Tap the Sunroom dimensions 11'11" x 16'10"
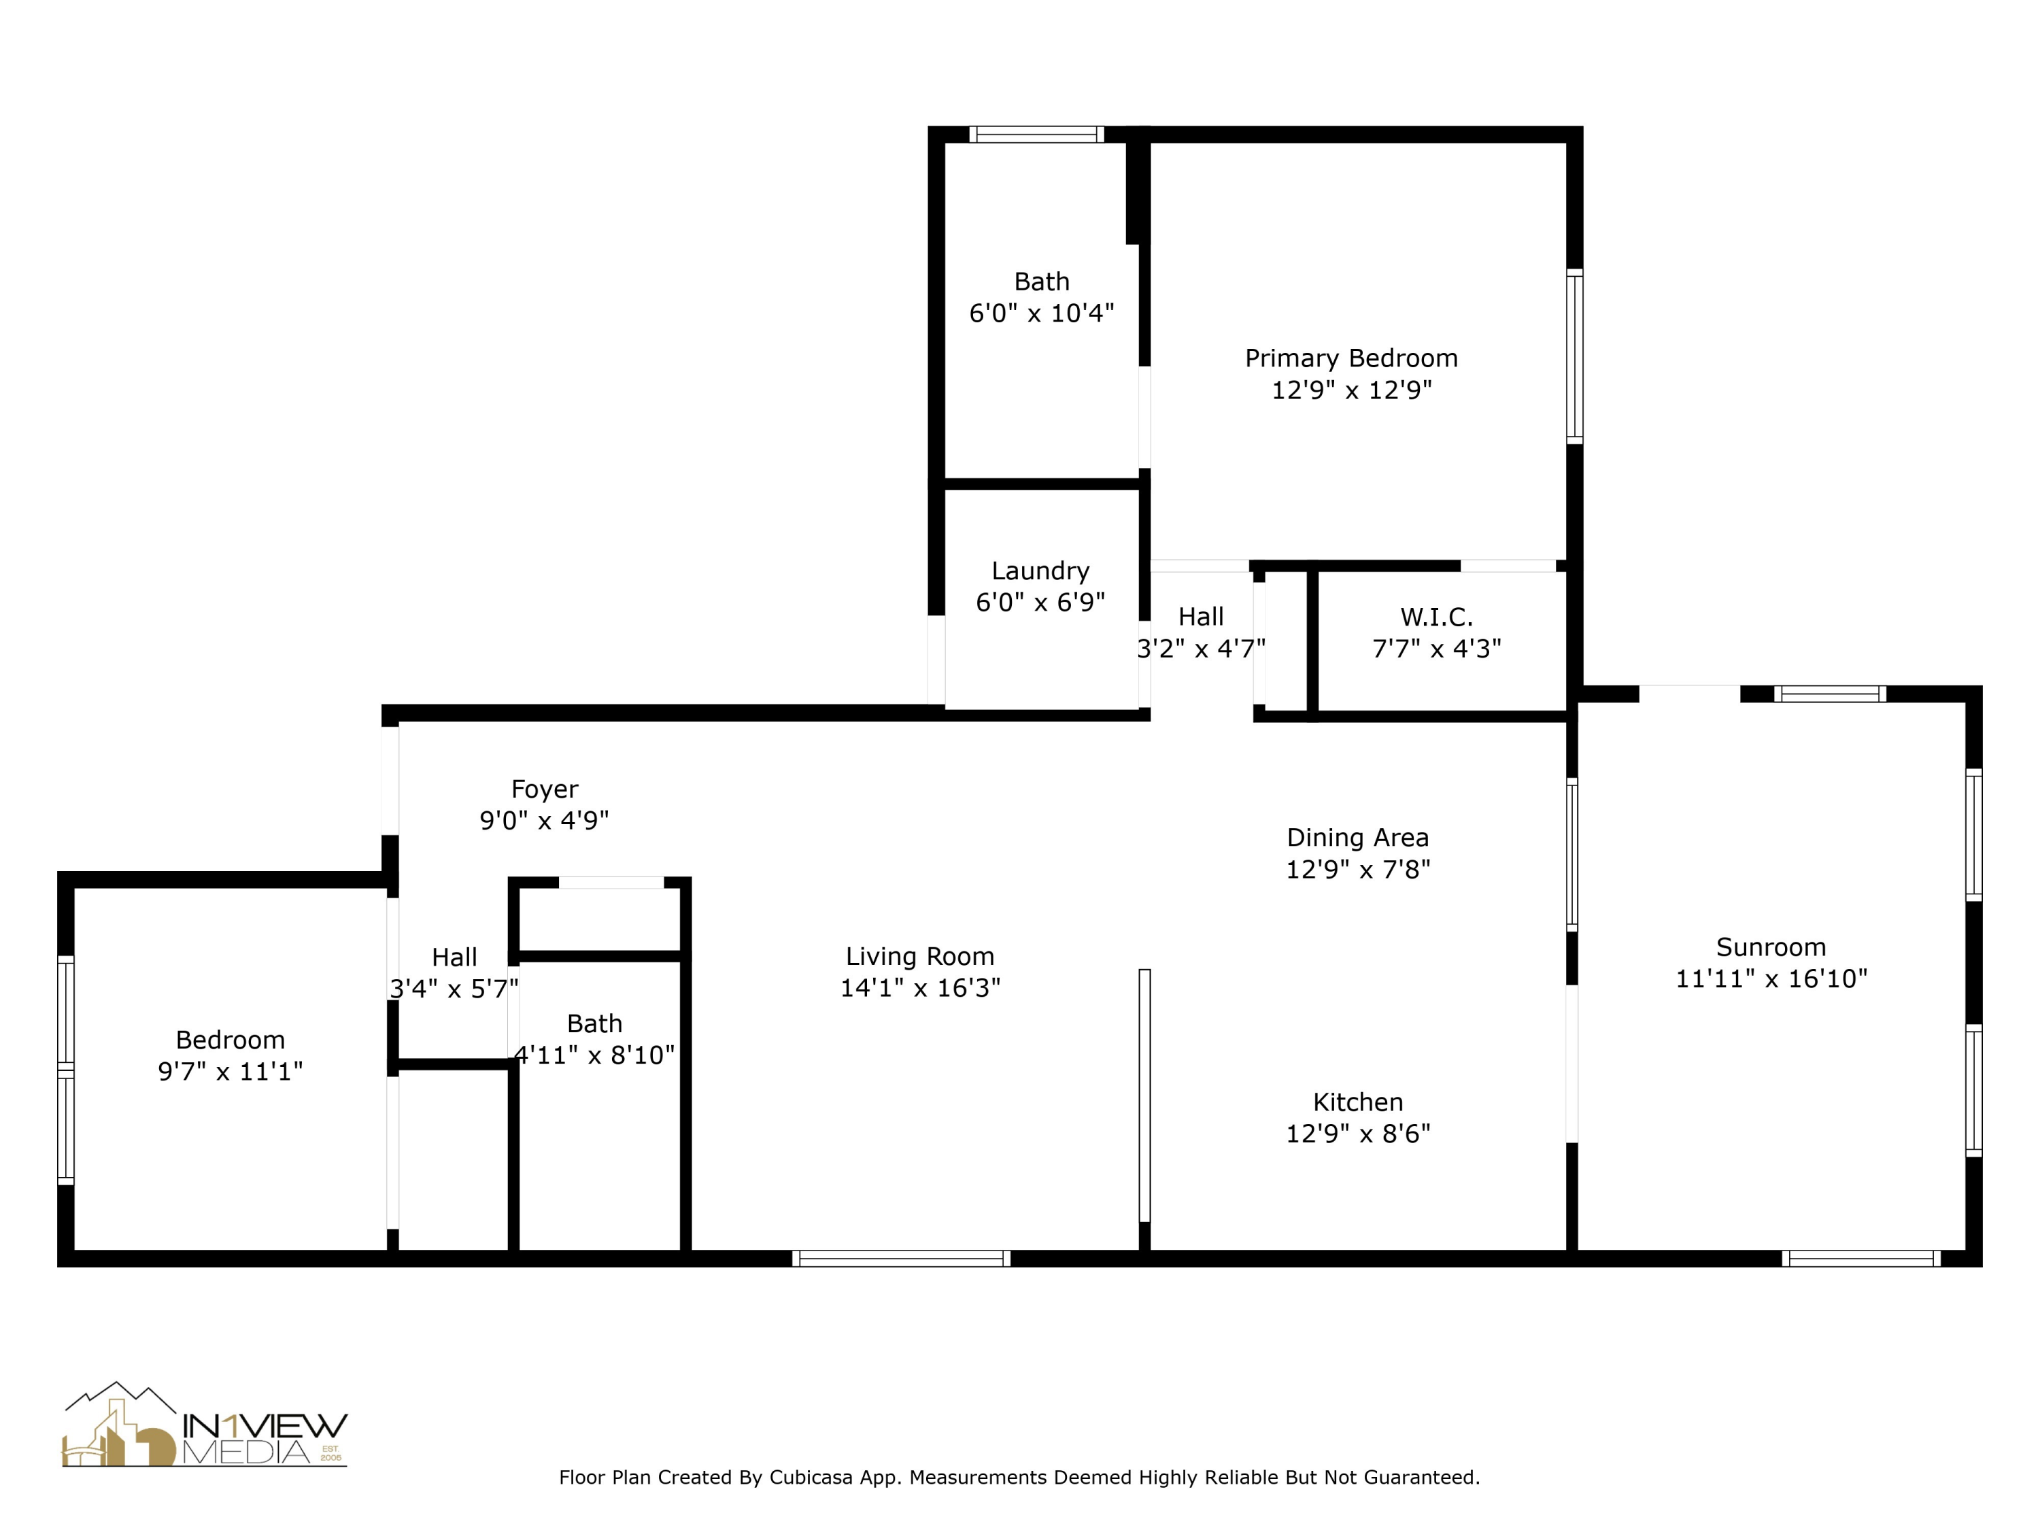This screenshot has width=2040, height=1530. click(1771, 979)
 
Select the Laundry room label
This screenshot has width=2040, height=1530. click(1040, 571)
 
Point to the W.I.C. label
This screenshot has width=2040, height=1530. click(1436, 617)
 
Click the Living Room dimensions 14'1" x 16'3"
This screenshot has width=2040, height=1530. click(919, 988)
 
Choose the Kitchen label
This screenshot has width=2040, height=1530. click(1357, 1102)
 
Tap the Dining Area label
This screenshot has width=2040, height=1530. click(1357, 837)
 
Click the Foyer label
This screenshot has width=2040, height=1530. click(544, 789)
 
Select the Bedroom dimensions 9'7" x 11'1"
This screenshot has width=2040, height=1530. click(230, 1072)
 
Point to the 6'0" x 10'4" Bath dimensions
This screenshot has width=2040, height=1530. click(1041, 313)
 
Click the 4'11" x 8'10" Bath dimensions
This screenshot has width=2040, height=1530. click(594, 1055)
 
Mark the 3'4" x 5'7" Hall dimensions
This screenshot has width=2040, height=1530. click(454, 989)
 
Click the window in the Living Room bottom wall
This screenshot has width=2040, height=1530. click(901, 1259)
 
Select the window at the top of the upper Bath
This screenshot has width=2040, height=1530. click(1036, 135)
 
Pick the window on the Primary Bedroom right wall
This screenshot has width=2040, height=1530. click(1575, 356)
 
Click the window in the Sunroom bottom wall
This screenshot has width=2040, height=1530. click(1861, 1259)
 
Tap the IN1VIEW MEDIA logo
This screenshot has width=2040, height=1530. click(204, 1425)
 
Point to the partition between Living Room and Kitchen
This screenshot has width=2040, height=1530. click(1144, 1095)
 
